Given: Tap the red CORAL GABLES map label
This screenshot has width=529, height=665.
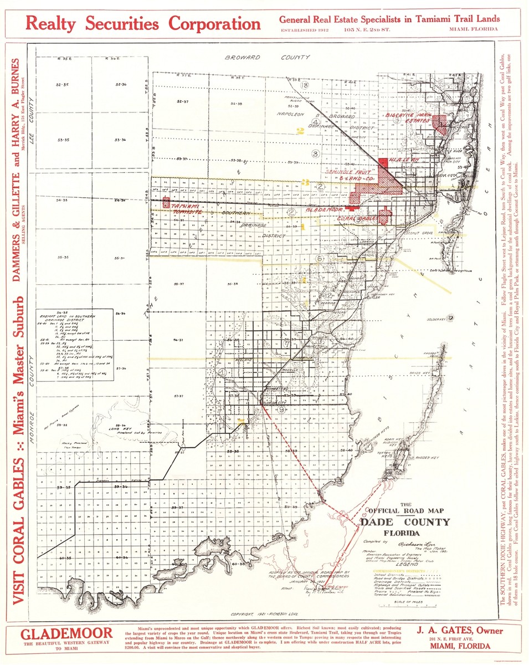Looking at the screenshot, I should pos(357,218).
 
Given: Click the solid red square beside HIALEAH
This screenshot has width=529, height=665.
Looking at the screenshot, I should pos(383,161).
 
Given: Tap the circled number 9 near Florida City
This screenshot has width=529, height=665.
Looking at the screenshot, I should pos(281,410).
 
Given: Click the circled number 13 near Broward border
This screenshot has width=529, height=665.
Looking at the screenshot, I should pos(305,85).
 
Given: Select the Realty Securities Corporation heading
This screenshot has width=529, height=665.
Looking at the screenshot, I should pos(143,24).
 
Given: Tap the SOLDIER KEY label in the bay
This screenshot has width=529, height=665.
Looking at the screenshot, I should pos(436,319).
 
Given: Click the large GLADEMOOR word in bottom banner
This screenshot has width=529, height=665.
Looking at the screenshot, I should pos(66,633).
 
